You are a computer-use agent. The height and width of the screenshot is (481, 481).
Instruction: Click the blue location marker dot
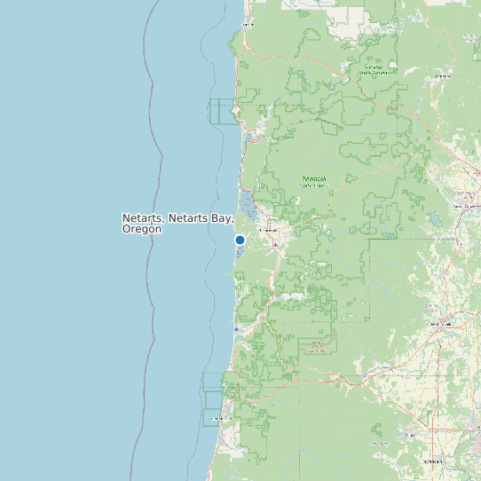(240, 240)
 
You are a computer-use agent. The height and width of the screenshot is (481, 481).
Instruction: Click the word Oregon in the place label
(142, 229)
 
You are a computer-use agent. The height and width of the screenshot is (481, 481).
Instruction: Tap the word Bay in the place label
(222, 218)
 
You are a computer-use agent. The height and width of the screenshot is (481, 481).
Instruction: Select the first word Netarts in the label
(142, 218)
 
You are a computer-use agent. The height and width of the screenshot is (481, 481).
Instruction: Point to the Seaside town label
(248, 24)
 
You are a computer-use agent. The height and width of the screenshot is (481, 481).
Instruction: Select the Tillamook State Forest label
(313, 181)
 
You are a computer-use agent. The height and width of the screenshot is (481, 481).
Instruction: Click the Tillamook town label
(268, 230)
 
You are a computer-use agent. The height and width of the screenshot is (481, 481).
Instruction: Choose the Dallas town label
(410, 435)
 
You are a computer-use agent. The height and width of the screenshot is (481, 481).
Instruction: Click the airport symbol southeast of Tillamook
(276, 244)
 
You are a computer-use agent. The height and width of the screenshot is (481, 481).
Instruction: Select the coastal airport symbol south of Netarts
(236, 328)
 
